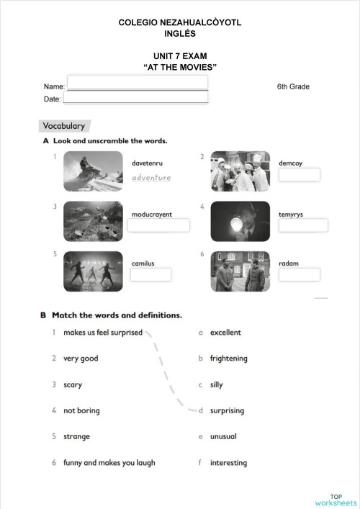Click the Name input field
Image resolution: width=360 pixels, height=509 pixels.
pyautogui.click(x=137, y=82)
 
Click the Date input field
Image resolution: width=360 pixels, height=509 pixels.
pyautogui.click(x=137, y=97)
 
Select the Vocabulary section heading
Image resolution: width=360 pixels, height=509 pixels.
pyautogui.click(x=65, y=126)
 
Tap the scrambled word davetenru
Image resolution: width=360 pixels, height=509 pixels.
pyautogui.click(x=148, y=163)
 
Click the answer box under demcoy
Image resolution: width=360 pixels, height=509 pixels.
pyautogui.click(x=299, y=176)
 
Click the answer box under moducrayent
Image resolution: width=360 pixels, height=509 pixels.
pyautogui.click(x=158, y=225)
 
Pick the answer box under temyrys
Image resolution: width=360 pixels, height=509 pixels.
pyautogui.click(x=302, y=225)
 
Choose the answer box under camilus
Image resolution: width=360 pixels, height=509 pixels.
pyautogui.click(x=151, y=274)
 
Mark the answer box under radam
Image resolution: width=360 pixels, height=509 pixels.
pyautogui.click(x=299, y=274)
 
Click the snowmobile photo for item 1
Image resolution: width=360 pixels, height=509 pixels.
pyautogui.click(x=93, y=171)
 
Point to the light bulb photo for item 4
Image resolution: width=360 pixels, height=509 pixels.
pyautogui.click(x=240, y=221)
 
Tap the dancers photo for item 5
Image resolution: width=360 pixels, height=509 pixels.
pyautogui.click(x=93, y=271)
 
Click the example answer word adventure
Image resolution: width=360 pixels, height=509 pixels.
pyautogui.click(x=151, y=177)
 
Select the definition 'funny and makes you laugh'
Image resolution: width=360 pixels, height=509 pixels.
pyautogui.click(x=109, y=463)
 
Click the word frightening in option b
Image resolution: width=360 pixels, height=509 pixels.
pyautogui.click(x=228, y=359)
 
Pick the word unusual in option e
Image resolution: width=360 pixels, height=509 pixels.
pyautogui.click(x=223, y=436)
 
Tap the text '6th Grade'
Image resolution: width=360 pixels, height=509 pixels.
pyautogui.click(x=293, y=86)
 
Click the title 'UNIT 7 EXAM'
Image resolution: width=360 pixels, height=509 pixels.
pyautogui.click(x=180, y=55)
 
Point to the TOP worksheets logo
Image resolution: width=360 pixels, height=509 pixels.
pyautogui.click(x=336, y=500)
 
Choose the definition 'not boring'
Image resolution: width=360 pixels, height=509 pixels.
pyautogui.click(x=81, y=410)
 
